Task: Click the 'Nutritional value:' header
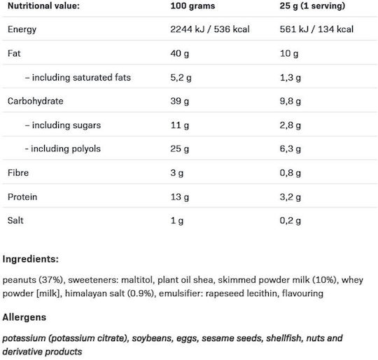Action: click(43, 6)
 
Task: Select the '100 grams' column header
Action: click(192, 6)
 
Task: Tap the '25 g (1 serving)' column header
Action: click(312, 6)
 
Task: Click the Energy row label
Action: click(22, 29)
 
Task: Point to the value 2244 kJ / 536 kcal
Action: click(210, 29)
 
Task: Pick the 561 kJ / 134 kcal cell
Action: click(316, 29)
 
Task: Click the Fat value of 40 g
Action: click(180, 53)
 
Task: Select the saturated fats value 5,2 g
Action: click(181, 78)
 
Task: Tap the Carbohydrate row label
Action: click(36, 101)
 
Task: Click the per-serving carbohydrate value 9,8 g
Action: click(290, 101)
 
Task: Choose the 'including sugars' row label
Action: click(63, 125)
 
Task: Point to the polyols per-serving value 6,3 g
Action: click(290, 148)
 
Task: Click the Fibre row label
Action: click(18, 172)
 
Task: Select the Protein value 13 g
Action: click(180, 197)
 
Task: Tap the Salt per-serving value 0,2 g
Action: click(290, 221)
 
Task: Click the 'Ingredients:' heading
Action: click(31, 259)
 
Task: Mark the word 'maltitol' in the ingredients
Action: click(137, 279)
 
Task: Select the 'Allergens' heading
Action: click(24, 317)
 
